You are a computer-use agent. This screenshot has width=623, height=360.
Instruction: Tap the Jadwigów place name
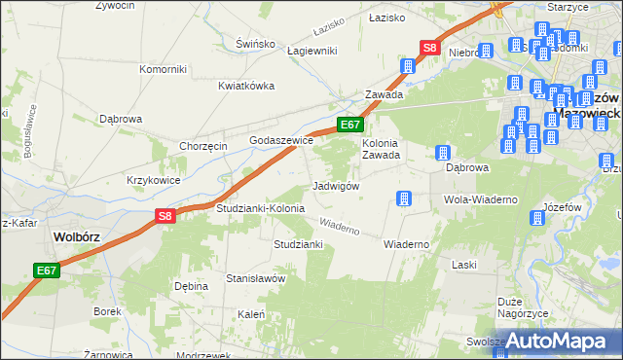click(x=337, y=186)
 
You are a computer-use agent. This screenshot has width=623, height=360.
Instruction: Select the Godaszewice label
click(x=281, y=140)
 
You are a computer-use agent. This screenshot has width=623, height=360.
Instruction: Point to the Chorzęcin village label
click(x=203, y=146)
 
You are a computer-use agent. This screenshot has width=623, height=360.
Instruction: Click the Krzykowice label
click(x=154, y=180)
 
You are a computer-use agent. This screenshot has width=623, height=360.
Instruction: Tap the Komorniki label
click(x=163, y=69)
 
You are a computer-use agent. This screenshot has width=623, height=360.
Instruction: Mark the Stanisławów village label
click(x=255, y=278)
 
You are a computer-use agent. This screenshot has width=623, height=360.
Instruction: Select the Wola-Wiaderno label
click(x=480, y=199)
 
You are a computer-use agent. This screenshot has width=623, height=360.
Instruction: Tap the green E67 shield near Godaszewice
click(x=350, y=125)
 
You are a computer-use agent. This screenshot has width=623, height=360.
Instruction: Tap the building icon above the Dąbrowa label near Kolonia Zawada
click(x=442, y=154)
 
